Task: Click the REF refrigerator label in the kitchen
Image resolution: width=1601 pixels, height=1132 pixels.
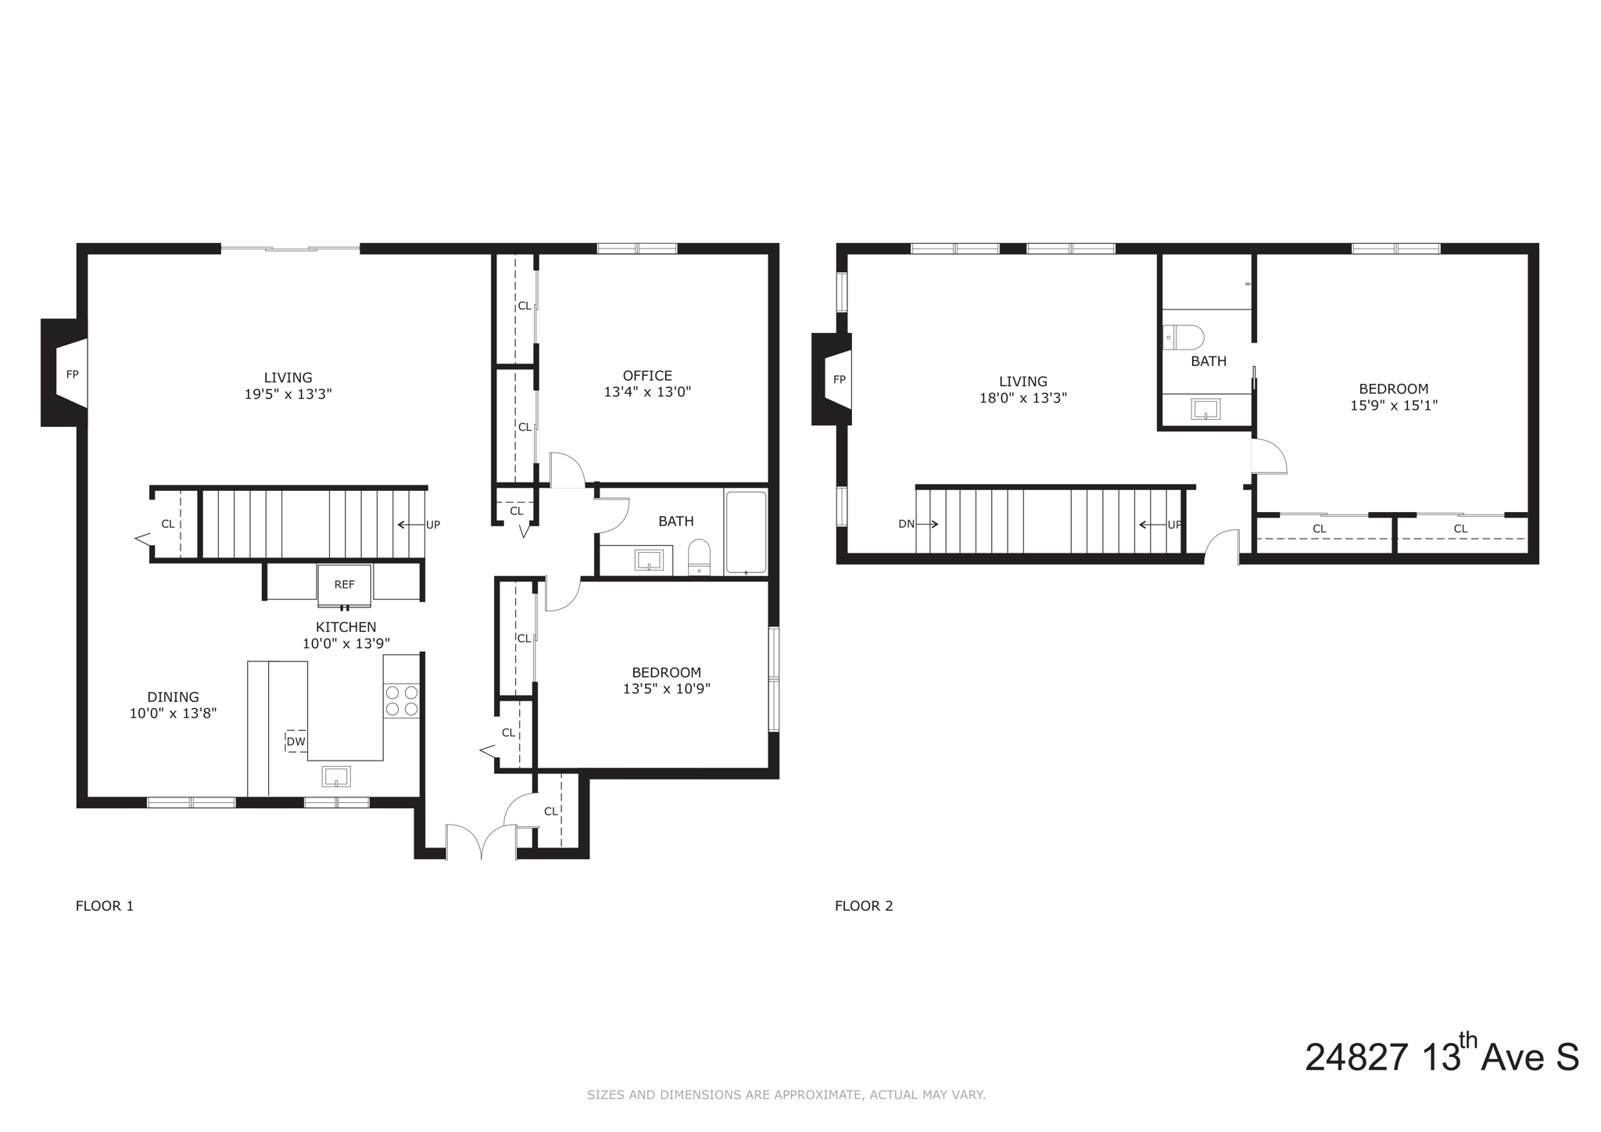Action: click(x=344, y=584)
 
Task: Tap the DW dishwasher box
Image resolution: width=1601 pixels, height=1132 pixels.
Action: click(x=295, y=741)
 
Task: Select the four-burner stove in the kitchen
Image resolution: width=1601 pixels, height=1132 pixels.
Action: click(x=401, y=700)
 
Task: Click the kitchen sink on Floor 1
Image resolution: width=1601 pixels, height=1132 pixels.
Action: click(x=336, y=776)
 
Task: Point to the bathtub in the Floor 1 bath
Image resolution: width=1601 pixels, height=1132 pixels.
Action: click(x=746, y=532)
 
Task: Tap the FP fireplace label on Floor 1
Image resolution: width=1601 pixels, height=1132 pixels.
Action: click(x=72, y=374)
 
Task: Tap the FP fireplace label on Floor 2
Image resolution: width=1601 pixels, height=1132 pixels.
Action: click(x=839, y=380)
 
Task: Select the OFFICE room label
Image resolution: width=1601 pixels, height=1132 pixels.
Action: click(x=646, y=376)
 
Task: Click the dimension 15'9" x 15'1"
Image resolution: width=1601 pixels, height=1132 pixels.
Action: click(x=1393, y=406)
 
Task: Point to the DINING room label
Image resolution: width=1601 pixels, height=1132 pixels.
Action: click(x=173, y=697)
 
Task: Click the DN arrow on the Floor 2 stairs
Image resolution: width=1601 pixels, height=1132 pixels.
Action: click(x=918, y=524)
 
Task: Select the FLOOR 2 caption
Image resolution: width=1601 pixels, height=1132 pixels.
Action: click(x=863, y=906)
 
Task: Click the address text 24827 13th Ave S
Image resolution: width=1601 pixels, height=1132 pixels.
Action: click(x=1441, y=1057)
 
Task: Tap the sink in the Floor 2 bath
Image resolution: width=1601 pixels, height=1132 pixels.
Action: click(x=1205, y=409)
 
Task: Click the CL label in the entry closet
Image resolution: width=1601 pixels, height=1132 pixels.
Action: click(x=550, y=811)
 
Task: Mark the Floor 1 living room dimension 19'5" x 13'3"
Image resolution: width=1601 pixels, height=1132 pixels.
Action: click(x=288, y=395)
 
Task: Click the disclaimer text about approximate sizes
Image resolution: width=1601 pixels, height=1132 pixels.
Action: click(x=786, y=1095)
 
